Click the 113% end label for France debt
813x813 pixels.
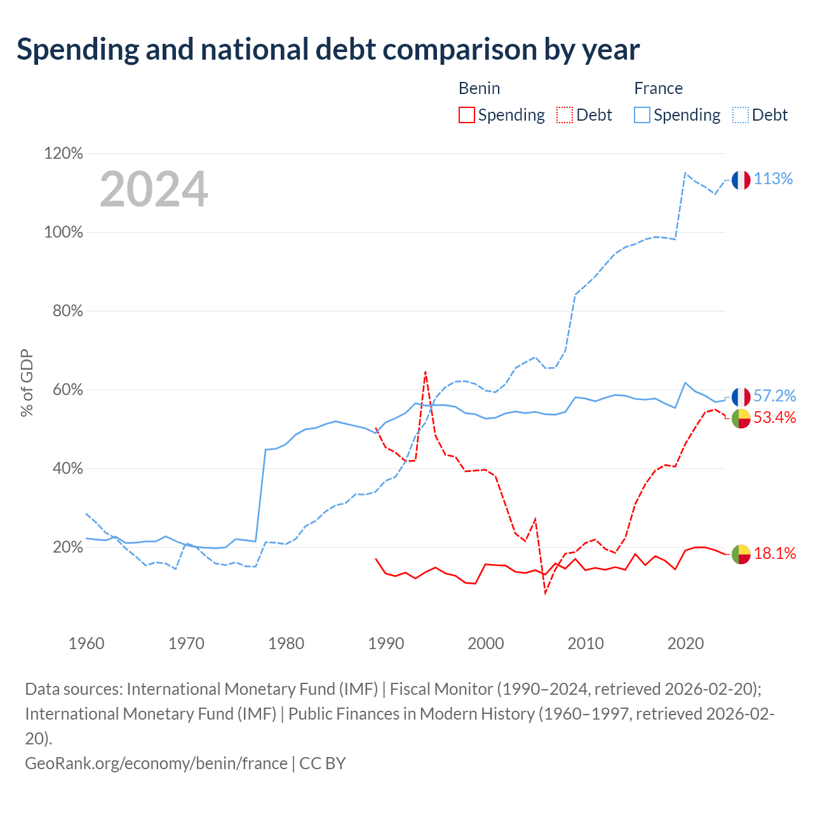point(773,179)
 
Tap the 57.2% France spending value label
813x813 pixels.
point(775,396)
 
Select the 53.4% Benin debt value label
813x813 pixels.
point(775,417)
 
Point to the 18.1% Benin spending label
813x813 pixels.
point(775,553)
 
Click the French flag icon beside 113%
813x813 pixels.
point(741,180)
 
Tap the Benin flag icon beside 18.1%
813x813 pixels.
point(741,554)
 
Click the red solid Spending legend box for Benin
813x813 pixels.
point(467,115)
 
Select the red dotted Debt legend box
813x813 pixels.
point(565,115)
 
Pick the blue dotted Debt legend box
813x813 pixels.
point(741,115)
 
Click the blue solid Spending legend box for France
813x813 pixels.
point(642,115)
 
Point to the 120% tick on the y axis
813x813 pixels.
point(64,153)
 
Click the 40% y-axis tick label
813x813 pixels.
point(67,468)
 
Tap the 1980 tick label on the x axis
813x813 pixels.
point(286,644)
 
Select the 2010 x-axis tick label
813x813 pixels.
point(586,644)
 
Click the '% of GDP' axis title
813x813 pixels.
point(27,383)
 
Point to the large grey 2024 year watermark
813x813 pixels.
point(154,189)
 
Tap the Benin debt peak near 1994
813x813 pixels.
point(426,372)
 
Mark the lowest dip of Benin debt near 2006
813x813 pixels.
point(546,593)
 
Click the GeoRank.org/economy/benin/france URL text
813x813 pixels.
point(156,763)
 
